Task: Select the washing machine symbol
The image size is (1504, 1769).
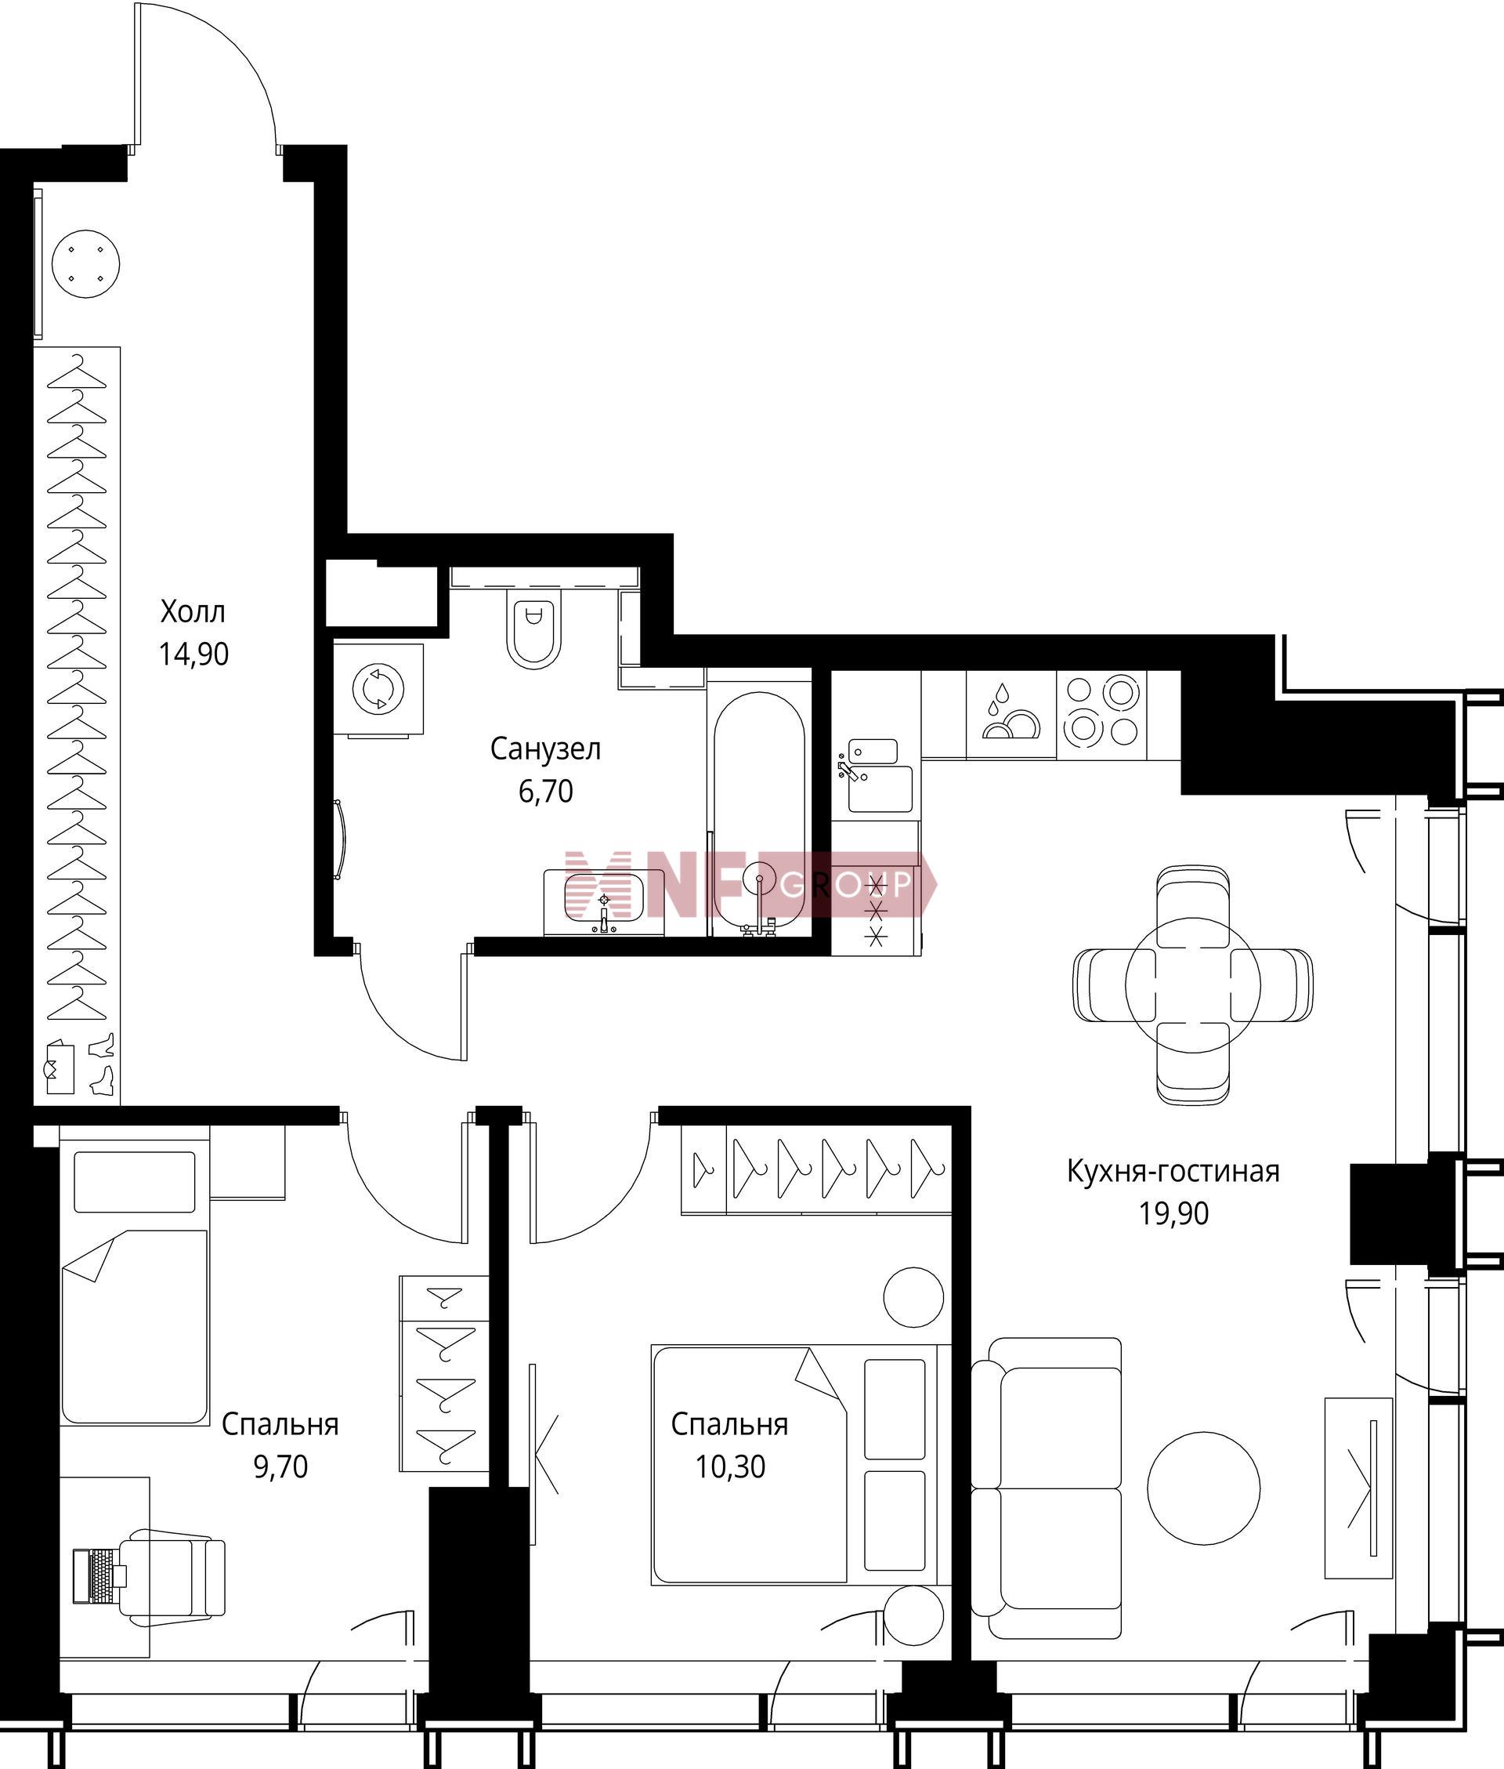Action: click(x=378, y=688)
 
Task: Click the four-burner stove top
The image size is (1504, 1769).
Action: click(x=1101, y=714)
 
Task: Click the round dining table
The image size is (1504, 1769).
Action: click(x=1193, y=984)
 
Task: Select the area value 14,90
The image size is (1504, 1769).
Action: click(x=193, y=654)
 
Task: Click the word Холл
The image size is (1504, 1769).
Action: click(x=193, y=611)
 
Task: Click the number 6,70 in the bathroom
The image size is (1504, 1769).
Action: click(x=546, y=792)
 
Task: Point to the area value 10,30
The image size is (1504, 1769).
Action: click(x=730, y=1467)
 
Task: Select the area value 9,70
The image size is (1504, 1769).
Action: click(x=280, y=1467)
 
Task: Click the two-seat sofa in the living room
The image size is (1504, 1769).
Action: click(x=1047, y=1488)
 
